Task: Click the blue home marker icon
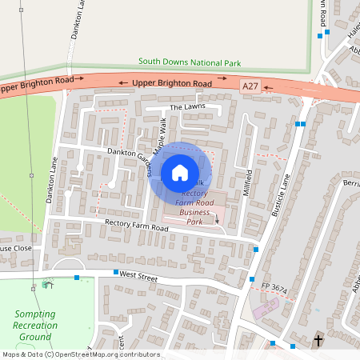pos(180,173)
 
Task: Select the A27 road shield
pos(250,86)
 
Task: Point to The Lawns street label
pos(187,106)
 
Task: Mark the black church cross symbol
pos(318,340)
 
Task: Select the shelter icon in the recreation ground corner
pos(47,283)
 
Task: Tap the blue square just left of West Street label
pos(115,273)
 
